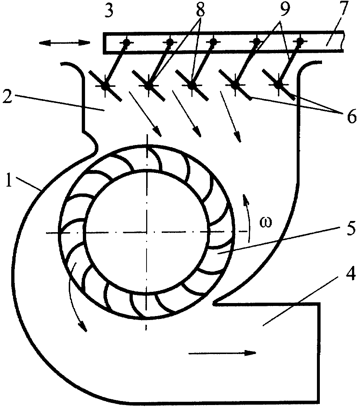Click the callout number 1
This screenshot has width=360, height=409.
point(9,181)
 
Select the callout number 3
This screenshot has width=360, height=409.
point(109,12)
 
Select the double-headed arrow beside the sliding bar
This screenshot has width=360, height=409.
point(64,43)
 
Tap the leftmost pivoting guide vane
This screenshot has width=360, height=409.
point(105,85)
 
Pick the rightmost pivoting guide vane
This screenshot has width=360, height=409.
point(279,85)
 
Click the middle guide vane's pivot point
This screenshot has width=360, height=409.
point(192,85)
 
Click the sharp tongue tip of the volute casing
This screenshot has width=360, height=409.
point(214,303)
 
